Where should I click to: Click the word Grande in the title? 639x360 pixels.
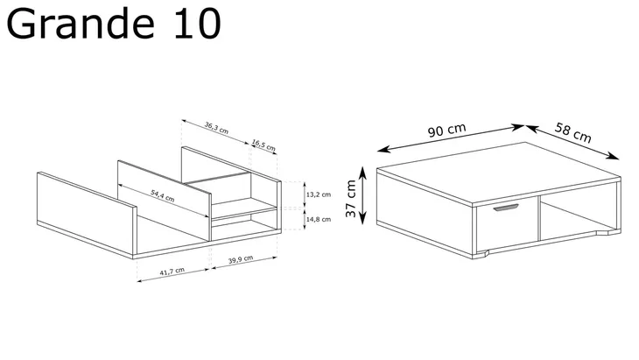(x=81, y=25)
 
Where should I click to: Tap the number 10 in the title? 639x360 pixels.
(x=198, y=24)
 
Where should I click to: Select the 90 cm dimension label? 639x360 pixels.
(x=446, y=130)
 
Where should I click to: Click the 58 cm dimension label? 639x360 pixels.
(x=573, y=132)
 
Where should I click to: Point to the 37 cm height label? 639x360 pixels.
(x=350, y=199)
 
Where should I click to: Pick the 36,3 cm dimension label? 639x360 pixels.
(x=216, y=128)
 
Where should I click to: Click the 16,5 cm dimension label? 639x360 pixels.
(x=263, y=145)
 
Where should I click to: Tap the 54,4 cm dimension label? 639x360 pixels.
(x=163, y=195)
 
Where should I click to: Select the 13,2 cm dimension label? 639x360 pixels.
(x=319, y=194)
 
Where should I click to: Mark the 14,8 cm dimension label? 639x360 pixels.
(x=319, y=219)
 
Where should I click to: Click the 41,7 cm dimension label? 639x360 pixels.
(x=172, y=272)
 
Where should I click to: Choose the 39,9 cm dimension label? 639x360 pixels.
(x=241, y=259)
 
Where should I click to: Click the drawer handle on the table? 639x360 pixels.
(x=506, y=208)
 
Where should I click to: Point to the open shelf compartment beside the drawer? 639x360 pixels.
(x=579, y=216)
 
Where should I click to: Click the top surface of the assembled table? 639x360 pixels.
(x=499, y=172)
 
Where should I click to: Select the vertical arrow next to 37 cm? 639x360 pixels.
(x=362, y=195)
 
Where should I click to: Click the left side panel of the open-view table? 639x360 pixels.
(x=87, y=213)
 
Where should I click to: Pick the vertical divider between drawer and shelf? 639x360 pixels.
(x=538, y=218)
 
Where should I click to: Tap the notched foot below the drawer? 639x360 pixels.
(x=481, y=255)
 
